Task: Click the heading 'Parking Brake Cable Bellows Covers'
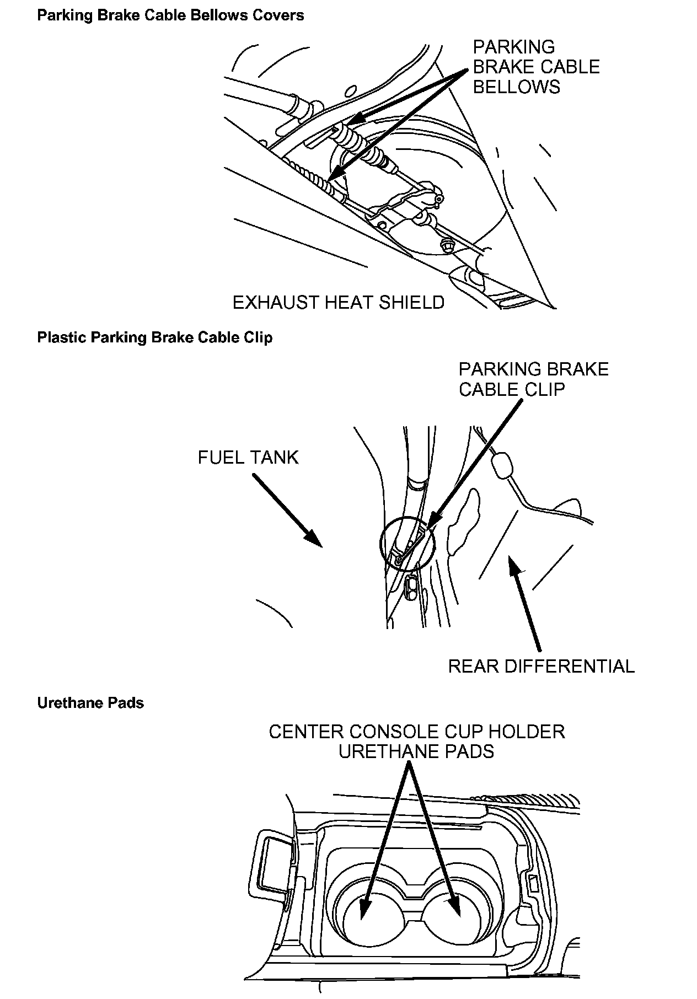point(170,15)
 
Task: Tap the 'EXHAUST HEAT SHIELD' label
point(338,303)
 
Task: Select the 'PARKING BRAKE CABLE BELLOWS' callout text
point(536,67)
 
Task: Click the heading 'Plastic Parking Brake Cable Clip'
point(155,337)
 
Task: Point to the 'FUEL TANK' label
point(248,457)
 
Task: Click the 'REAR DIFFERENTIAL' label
point(541,666)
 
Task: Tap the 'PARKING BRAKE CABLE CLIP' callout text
point(533,379)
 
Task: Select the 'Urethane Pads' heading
point(90,703)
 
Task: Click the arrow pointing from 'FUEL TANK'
point(287,509)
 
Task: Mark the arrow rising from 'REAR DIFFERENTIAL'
point(527,604)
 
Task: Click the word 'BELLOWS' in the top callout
point(516,87)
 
